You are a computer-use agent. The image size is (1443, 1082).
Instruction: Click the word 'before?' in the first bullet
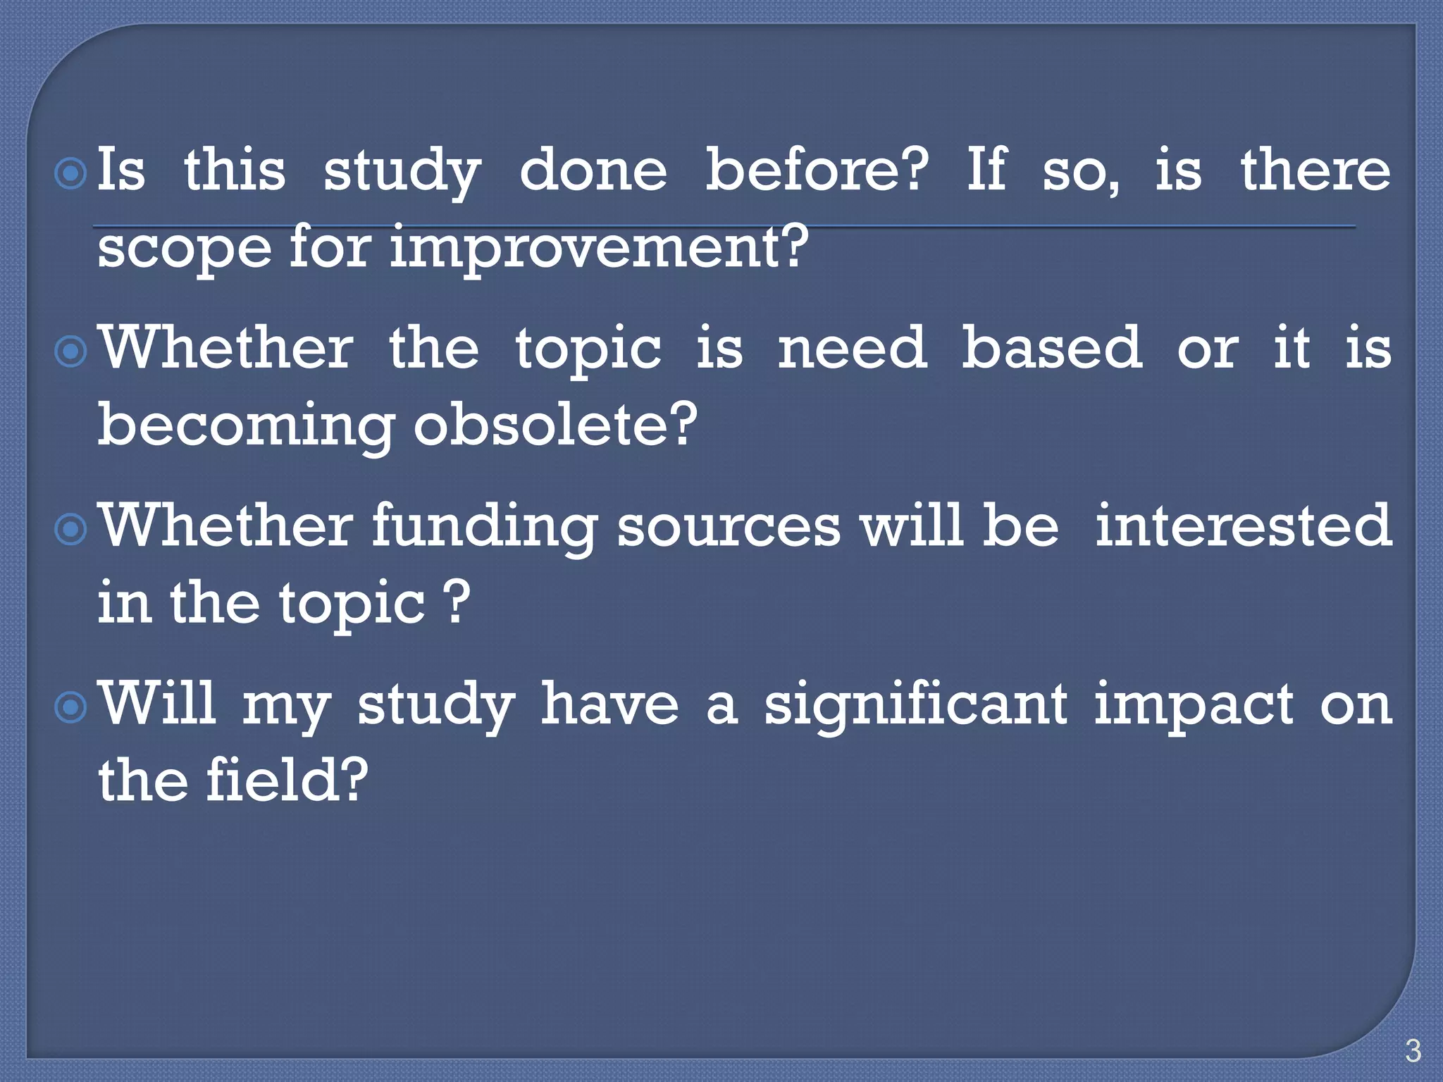(817, 170)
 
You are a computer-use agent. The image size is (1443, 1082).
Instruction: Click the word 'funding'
(485, 526)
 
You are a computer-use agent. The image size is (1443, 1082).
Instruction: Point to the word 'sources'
(729, 526)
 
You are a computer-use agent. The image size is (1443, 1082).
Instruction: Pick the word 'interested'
(1244, 526)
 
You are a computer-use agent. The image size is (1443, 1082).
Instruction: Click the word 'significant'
(915, 704)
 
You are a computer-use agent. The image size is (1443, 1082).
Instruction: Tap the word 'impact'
(1194, 704)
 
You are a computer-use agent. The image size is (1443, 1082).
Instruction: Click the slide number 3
(1412, 1050)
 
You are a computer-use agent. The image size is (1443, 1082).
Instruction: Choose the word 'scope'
(184, 248)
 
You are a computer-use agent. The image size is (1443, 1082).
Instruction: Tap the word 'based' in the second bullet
(1051, 348)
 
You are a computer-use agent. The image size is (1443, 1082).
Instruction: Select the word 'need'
(852, 348)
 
